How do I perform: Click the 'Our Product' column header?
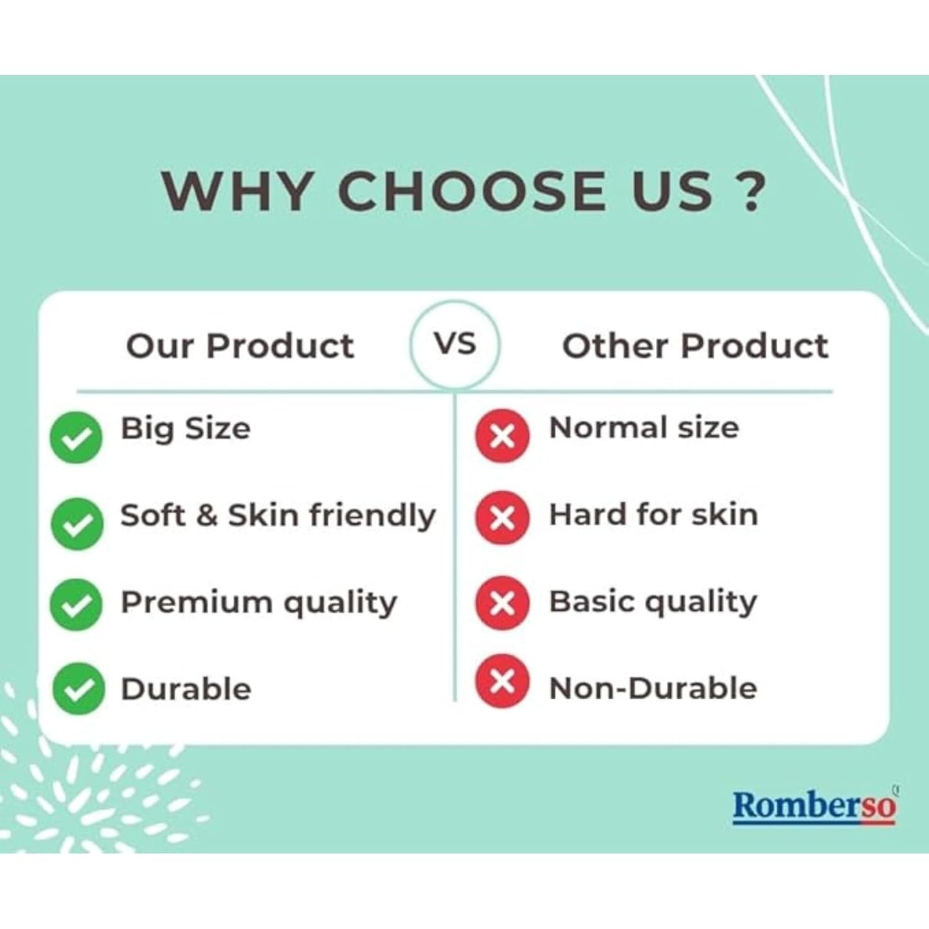240,346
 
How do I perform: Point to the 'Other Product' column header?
695,346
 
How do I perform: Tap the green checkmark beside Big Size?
76,438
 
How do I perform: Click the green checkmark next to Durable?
78,689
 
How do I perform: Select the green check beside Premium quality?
76,604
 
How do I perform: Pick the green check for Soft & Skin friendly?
77,524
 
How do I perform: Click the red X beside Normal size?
502,436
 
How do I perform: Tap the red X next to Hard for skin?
502,518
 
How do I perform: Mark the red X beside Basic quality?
502,602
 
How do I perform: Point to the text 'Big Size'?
186,429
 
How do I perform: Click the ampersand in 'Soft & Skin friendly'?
207,516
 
